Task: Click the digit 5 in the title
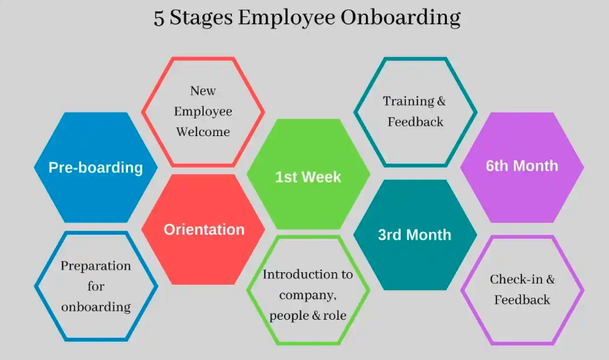point(159,18)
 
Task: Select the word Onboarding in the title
point(400,18)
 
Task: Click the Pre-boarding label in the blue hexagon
point(96,168)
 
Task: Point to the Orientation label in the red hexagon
point(204,230)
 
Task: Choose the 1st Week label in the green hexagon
point(308,178)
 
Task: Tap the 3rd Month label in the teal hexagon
point(415,235)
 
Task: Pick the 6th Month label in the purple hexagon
point(522,166)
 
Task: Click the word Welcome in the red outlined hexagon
point(203,132)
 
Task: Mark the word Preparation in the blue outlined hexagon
point(96,266)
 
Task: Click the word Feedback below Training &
point(415,122)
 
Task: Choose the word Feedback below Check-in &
point(522,300)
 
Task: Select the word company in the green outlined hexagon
point(303,295)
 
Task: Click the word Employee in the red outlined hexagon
point(203,111)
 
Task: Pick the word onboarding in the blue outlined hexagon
point(96,308)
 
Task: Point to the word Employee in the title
point(285,19)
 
